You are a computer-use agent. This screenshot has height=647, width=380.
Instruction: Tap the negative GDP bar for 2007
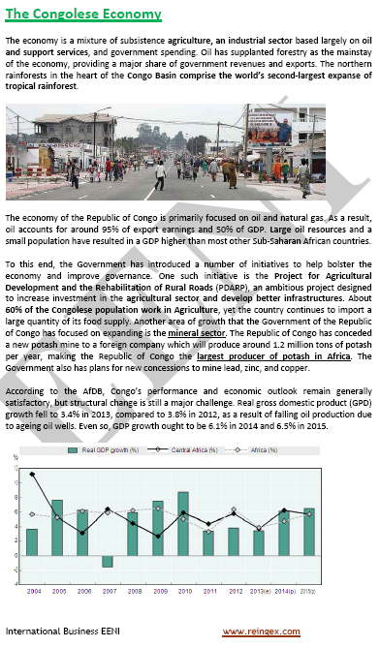(108, 561)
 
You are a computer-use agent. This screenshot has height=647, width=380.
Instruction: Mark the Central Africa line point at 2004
(33, 447)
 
